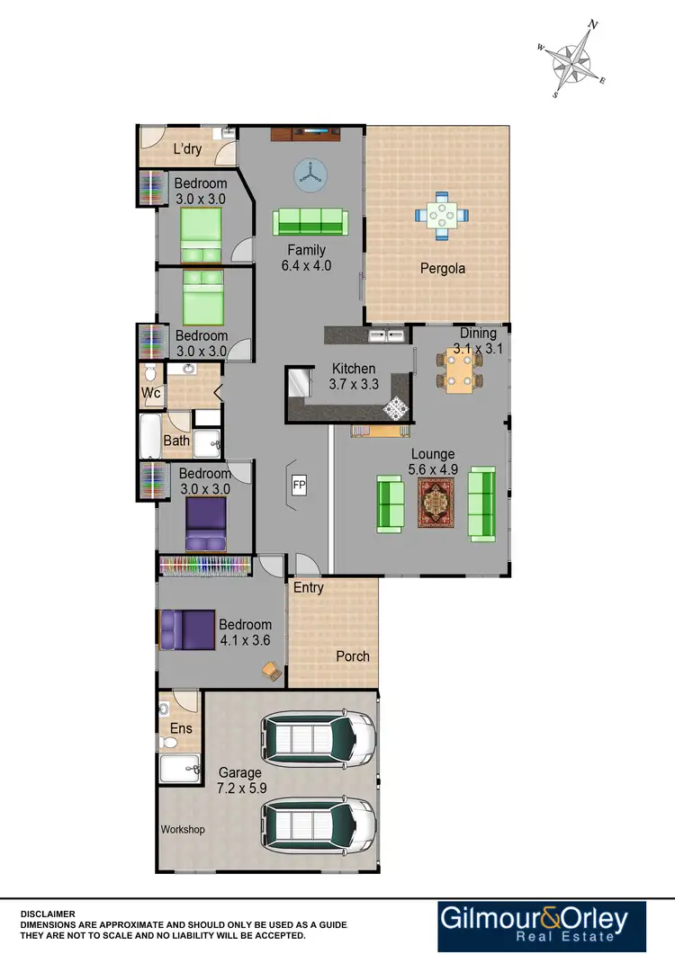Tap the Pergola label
tap(443, 268)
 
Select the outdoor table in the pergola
tap(441, 216)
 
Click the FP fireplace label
tap(300, 486)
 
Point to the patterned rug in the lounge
tap(436, 502)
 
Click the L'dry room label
tap(187, 149)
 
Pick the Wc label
tap(150, 393)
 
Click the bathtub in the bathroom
tap(150, 436)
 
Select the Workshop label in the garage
tap(183, 829)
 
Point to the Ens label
tap(183, 728)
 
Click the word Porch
tap(353, 656)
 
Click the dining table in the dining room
tap(459, 370)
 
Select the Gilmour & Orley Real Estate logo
tap(544, 926)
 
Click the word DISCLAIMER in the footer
tap(49, 914)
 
